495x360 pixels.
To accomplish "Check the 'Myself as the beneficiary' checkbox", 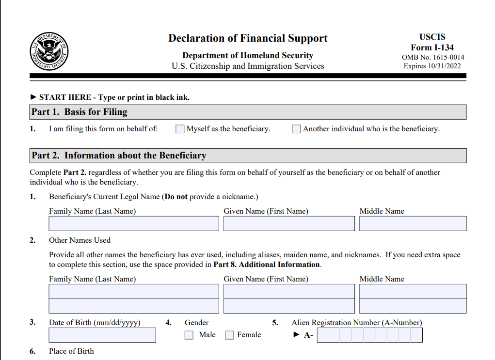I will (180, 129).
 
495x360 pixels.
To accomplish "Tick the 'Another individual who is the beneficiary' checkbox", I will (296, 129).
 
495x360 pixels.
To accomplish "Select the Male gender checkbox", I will (189, 335).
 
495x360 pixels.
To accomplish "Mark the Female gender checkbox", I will (229, 335).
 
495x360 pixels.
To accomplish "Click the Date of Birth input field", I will (102, 335).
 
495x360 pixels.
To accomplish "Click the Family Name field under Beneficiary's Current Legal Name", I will (134, 223).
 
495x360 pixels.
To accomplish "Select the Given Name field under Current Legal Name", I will (289, 223).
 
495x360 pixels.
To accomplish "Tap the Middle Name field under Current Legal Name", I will (413, 223).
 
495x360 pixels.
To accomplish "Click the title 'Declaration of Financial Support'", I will (248, 38).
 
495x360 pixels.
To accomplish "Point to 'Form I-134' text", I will (432, 47).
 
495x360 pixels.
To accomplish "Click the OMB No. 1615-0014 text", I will (432, 57).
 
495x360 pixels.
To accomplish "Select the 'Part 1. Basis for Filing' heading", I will (80, 112).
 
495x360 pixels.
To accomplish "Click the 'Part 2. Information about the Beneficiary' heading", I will (119, 156).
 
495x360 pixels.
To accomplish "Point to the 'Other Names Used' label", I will (80, 240).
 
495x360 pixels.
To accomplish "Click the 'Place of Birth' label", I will (71, 351).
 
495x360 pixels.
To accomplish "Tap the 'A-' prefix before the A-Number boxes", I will (308, 335).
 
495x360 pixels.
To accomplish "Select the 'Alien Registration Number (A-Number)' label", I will (356, 323).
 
